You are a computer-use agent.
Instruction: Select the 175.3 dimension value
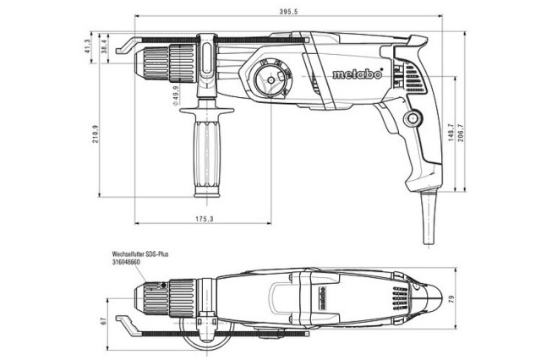coord(204,219)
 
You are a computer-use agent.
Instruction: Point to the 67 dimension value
coord(102,321)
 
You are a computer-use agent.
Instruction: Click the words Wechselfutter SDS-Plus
coord(140,254)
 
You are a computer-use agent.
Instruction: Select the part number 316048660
coord(128,262)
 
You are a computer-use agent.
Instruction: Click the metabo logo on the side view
coord(356,74)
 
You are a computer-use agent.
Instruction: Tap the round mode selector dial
coord(269,82)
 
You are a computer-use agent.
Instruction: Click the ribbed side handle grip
coord(205,156)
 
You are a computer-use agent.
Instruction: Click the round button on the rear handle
coord(413,119)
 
